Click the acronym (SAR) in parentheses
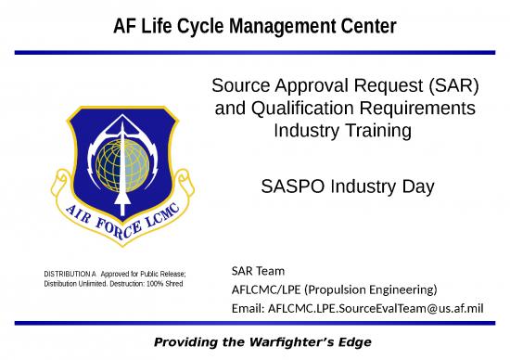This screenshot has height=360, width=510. click(452, 87)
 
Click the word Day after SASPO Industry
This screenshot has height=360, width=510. click(417, 186)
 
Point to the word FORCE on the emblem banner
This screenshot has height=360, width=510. click(100, 222)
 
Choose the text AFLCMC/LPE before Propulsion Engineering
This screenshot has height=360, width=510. click(263, 289)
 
